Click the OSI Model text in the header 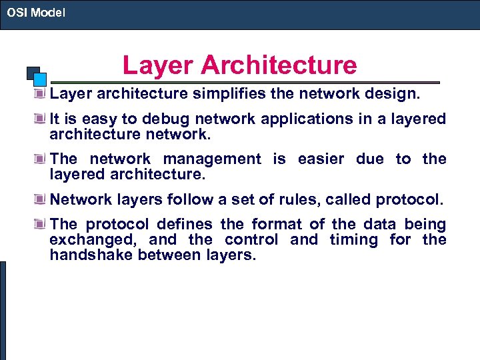coord(36,12)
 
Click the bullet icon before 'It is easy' coord(42,119)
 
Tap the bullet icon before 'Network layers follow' coord(42,200)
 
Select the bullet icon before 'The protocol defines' coord(42,225)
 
